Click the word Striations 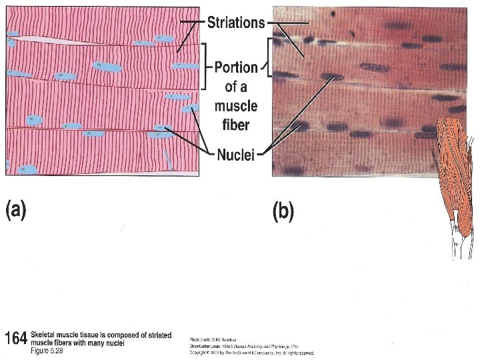coord(236,23)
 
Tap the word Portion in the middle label coord(236,67)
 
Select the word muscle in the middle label coord(236,106)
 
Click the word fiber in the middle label coord(236,125)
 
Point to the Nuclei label coord(236,155)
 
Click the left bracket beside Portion coord(205,67)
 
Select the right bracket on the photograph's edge coord(269,57)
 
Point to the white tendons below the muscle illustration coord(460,243)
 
